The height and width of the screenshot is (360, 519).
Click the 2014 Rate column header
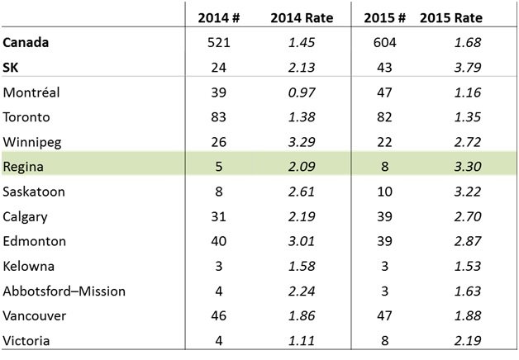tap(302, 18)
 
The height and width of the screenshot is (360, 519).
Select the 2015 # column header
tap(384, 18)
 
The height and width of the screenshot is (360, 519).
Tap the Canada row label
tap(26, 43)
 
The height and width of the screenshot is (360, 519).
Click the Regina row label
tap(23, 167)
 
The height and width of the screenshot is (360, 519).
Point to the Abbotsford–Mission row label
tap(64, 291)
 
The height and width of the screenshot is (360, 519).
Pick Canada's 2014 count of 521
tap(218, 43)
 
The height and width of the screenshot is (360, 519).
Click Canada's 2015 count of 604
tap(384, 43)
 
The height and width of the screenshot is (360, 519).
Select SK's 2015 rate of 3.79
tap(468, 68)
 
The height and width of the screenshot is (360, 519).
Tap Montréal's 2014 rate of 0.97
tap(302, 92)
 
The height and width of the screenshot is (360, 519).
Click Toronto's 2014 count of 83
tap(218, 117)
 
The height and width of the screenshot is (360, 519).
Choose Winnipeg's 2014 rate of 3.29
tap(302, 142)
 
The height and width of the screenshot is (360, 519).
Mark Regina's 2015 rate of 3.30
tap(468, 167)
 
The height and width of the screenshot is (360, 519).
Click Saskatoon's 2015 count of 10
tap(384, 192)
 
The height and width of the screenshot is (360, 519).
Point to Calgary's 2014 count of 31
tap(218, 217)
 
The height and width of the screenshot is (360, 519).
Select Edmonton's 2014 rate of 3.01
tap(302, 241)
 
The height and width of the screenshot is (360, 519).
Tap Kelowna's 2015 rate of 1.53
tap(468, 267)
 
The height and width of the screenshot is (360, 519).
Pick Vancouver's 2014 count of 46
tap(218, 316)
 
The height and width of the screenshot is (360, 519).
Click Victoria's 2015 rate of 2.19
tap(468, 341)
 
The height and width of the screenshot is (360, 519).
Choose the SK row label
tap(10, 68)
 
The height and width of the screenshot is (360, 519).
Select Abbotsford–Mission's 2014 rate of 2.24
tap(302, 291)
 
